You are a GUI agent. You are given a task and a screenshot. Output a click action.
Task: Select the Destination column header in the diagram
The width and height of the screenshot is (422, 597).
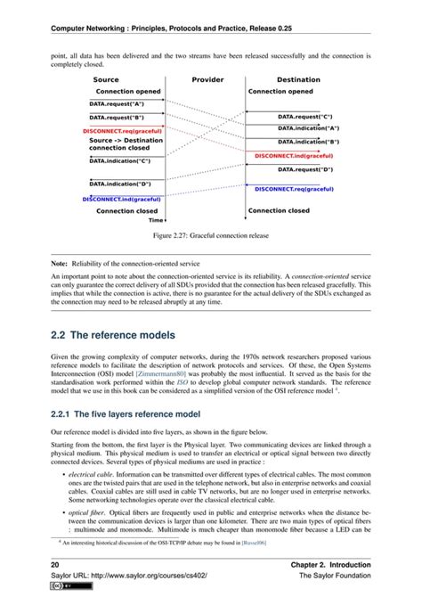(x=297, y=80)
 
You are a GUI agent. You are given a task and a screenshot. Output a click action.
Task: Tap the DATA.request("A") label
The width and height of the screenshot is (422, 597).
(x=117, y=104)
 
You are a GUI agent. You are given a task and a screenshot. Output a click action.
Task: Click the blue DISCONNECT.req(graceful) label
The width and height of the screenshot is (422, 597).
(x=294, y=189)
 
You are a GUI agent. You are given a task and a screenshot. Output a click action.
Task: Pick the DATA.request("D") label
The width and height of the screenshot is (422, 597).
(x=305, y=168)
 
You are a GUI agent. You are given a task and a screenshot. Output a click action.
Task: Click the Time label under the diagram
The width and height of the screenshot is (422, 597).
(x=156, y=220)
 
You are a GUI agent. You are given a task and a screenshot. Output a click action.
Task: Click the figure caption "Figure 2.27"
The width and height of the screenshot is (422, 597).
(x=210, y=236)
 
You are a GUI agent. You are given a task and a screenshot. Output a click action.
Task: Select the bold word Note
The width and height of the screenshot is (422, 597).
(x=58, y=266)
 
